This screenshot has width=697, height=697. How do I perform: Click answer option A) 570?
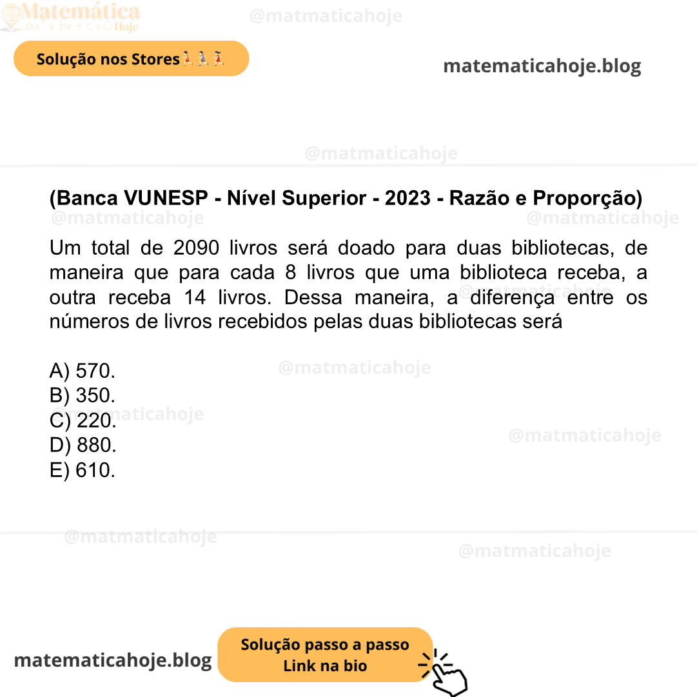(x=83, y=371)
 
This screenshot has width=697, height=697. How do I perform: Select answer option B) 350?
(x=83, y=395)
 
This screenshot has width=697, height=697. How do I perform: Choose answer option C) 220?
(x=83, y=420)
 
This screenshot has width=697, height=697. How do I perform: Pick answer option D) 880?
(x=83, y=445)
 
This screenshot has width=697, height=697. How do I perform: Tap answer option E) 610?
(x=83, y=470)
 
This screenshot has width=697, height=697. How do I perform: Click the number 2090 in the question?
(x=197, y=248)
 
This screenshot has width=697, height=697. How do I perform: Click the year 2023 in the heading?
(x=407, y=198)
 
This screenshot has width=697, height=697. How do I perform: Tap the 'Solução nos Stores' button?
(x=131, y=59)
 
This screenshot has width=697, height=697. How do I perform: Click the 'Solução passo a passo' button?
(x=325, y=654)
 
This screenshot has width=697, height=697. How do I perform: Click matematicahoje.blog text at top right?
(x=542, y=66)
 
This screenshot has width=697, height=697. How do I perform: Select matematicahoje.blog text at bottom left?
(x=113, y=660)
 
